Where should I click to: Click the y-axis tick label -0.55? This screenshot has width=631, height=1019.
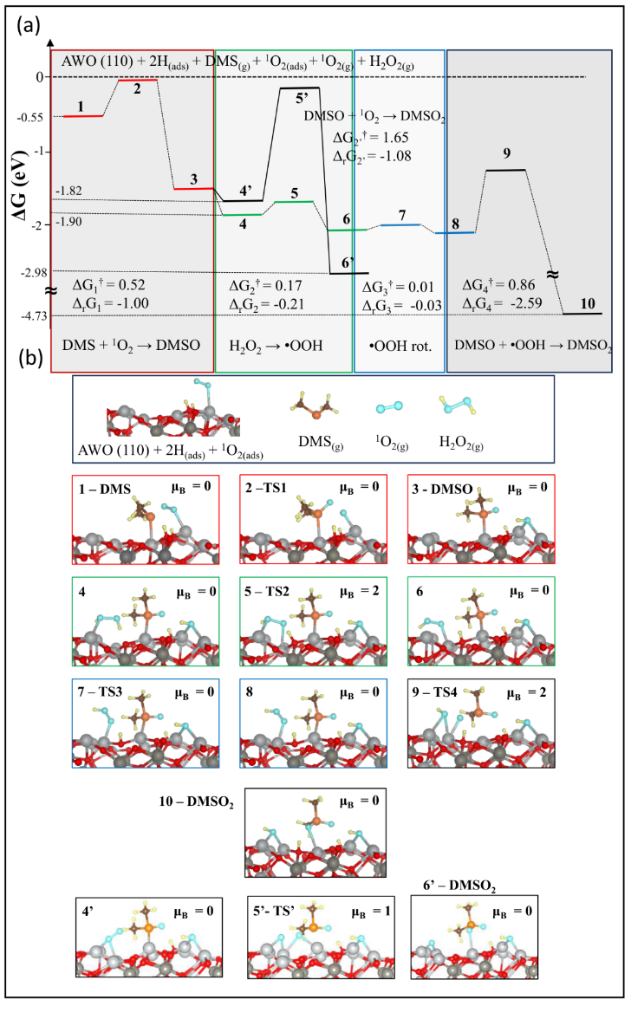[30, 118]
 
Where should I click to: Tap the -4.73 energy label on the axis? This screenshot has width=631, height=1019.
[34, 315]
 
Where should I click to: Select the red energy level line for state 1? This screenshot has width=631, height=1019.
[83, 116]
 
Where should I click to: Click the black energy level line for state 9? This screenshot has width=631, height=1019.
[505, 170]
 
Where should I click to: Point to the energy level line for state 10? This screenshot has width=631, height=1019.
[582, 314]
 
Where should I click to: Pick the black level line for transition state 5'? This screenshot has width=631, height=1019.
[299, 88]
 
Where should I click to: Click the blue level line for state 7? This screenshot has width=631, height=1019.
[400, 225]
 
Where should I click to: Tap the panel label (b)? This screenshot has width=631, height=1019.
[30, 358]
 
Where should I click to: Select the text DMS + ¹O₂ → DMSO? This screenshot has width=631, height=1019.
[131, 345]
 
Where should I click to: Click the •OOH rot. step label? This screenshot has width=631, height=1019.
[400, 346]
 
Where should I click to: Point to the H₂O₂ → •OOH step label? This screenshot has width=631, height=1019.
[276, 346]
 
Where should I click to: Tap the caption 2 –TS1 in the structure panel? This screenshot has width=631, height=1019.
[266, 488]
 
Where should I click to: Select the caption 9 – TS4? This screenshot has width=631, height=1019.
[435, 692]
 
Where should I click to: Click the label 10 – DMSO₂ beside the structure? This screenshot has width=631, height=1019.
[196, 802]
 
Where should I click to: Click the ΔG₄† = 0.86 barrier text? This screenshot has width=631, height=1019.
[498, 284]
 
